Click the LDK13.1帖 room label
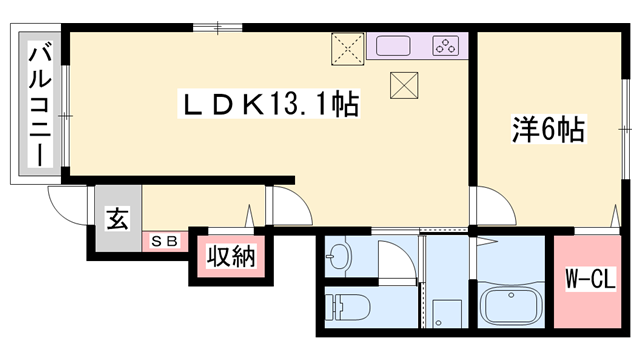269,104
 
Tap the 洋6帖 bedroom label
549,129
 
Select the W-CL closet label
590,279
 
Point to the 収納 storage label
231,256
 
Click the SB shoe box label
164,241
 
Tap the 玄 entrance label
118,218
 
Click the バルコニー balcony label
40,104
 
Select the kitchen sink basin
393,46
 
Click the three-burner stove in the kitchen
445,45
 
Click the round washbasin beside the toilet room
339,257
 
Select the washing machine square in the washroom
448,313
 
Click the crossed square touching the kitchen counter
348,49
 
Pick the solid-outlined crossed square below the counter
404,85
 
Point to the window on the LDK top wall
218,28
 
